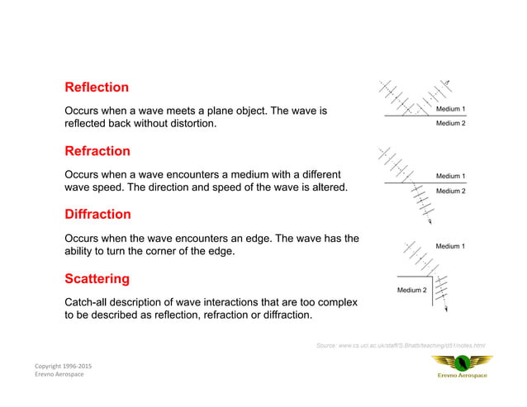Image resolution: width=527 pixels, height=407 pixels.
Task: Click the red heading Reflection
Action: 97,88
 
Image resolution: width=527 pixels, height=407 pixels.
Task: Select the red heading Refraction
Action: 97,151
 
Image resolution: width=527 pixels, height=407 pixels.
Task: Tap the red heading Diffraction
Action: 97,215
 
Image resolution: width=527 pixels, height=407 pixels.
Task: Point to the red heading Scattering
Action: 97,278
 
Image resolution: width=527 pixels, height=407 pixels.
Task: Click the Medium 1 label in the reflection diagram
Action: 450,109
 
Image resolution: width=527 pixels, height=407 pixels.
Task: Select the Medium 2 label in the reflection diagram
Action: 450,124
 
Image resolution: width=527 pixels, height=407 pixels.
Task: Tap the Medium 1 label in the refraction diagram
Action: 450,176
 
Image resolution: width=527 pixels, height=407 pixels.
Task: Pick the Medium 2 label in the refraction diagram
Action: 450,191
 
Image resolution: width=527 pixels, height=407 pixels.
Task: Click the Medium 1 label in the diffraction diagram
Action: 450,246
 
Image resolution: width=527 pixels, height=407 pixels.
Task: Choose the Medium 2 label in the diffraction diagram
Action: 411,290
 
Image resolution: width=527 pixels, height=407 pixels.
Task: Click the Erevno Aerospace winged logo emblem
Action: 462,362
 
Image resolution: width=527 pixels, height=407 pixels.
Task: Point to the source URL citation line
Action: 401,344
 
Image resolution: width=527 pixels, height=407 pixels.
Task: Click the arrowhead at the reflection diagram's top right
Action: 448,82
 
